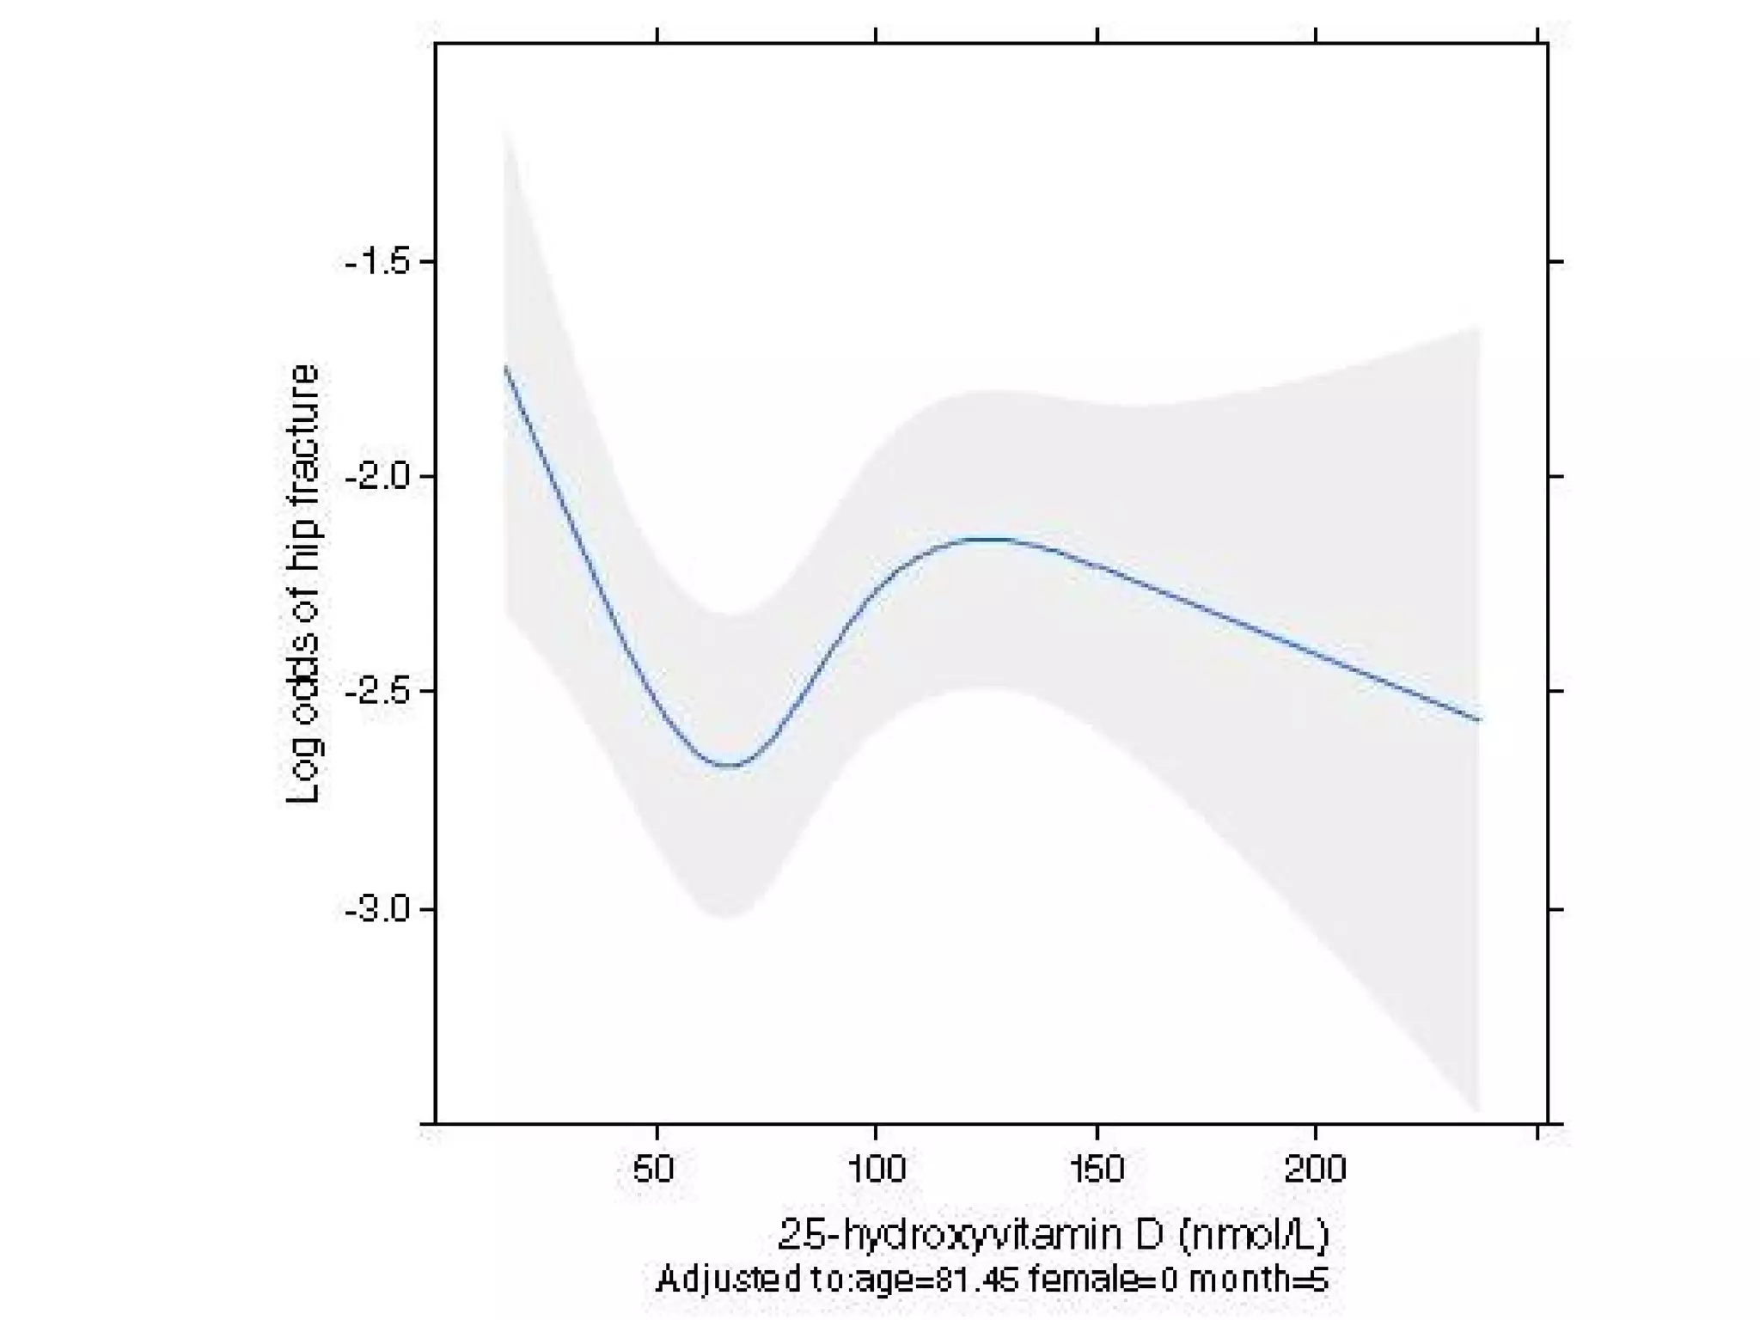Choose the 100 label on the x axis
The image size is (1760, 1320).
click(876, 1170)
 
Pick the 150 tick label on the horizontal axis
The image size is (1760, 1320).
click(1097, 1170)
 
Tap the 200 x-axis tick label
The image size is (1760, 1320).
click(1316, 1170)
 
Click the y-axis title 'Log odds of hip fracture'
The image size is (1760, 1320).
click(302, 584)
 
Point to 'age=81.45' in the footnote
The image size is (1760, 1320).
click(937, 1280)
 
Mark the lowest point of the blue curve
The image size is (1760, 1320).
click(729, 765)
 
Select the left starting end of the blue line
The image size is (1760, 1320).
click(505, 367)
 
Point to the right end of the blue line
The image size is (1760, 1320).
click(1478, 719)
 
